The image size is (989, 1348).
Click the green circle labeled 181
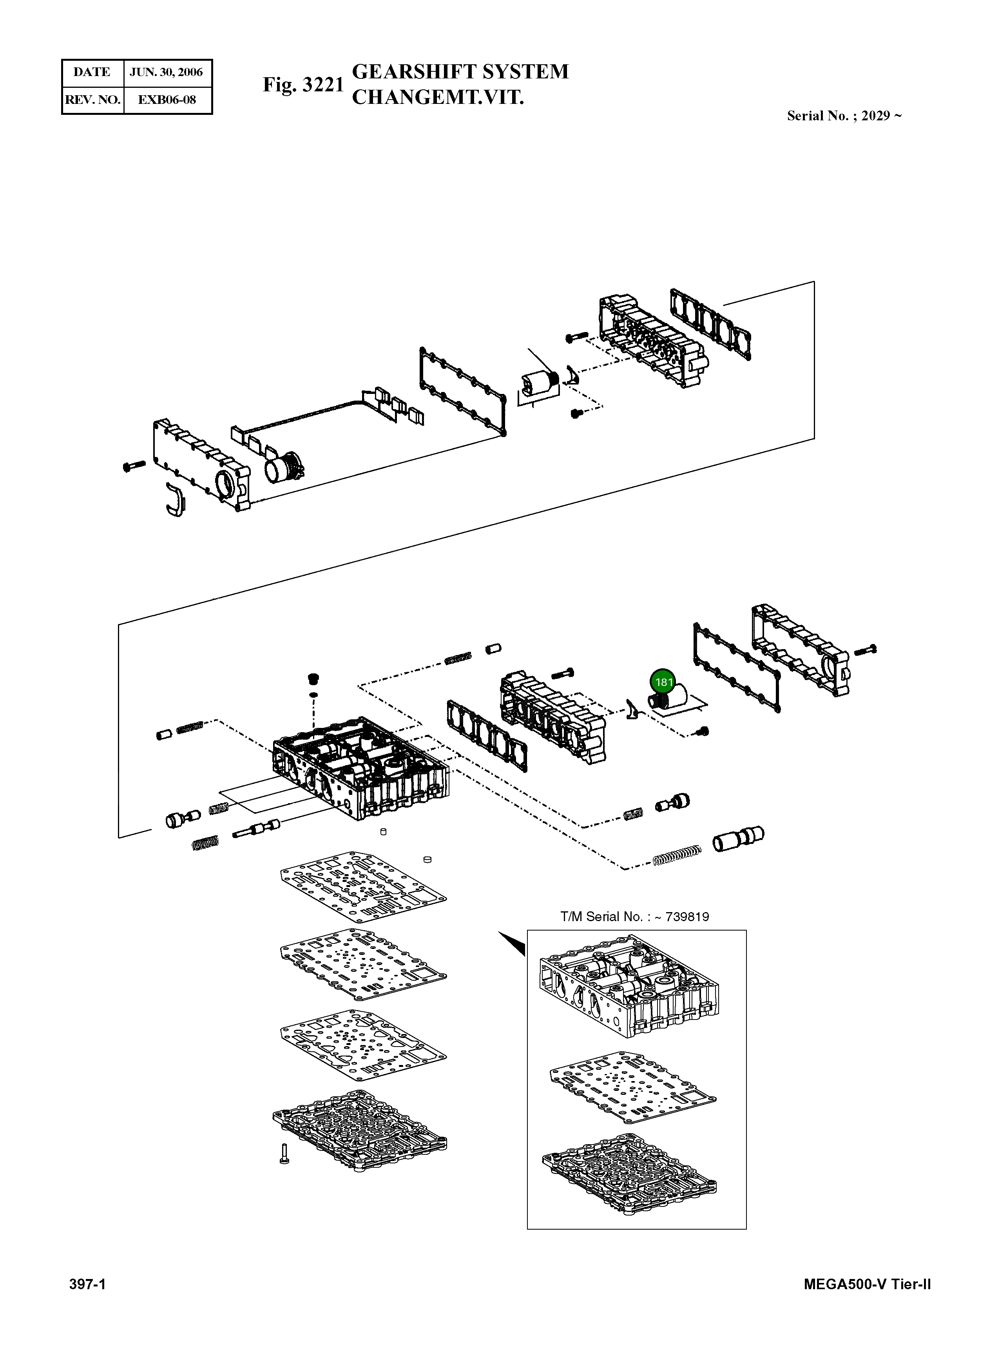point(663,682)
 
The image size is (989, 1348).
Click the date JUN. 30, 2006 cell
point(167,73)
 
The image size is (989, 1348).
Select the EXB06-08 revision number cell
point(167,100)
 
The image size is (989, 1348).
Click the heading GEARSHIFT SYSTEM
point(460,72)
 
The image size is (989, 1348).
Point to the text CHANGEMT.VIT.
point(438,97)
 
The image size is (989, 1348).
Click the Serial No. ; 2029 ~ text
point(844,116)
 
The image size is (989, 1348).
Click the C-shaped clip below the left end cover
point(176,498)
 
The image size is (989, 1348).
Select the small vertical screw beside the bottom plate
point(284,1153)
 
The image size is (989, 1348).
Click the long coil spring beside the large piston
point(676,855)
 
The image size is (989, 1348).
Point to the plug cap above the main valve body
point(313,679)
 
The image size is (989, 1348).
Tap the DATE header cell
point(92,73)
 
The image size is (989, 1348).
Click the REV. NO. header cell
point(92,100)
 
